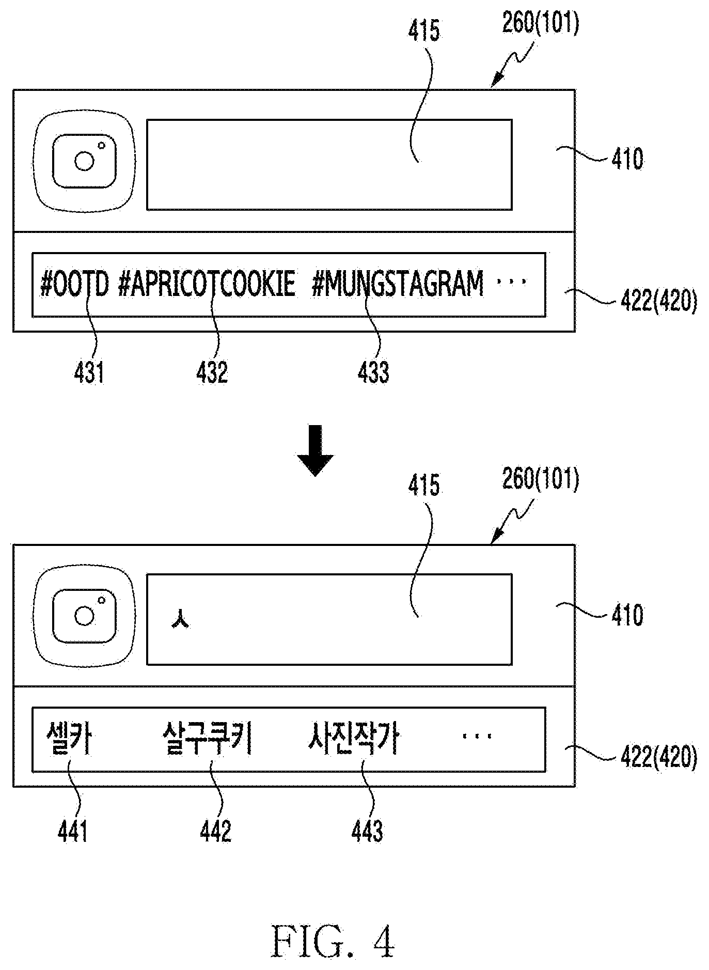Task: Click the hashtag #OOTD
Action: [74, 284]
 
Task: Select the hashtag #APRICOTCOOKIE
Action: [207, 284]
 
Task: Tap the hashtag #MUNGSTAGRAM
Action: [398, 284]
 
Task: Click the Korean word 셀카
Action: [69, 738]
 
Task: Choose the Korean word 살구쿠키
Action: [207, 738]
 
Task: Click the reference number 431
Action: [89, 372]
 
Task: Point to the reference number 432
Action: [212, 372]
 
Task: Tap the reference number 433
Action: [373, 372]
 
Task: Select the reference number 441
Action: [72, 831]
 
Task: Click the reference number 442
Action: [216, 831]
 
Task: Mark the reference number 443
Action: [367, 831]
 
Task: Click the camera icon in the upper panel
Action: [85, 161]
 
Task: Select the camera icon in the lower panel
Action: [85, 615]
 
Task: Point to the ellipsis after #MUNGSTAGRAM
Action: [511, 282]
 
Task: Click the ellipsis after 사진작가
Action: [477, 736]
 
